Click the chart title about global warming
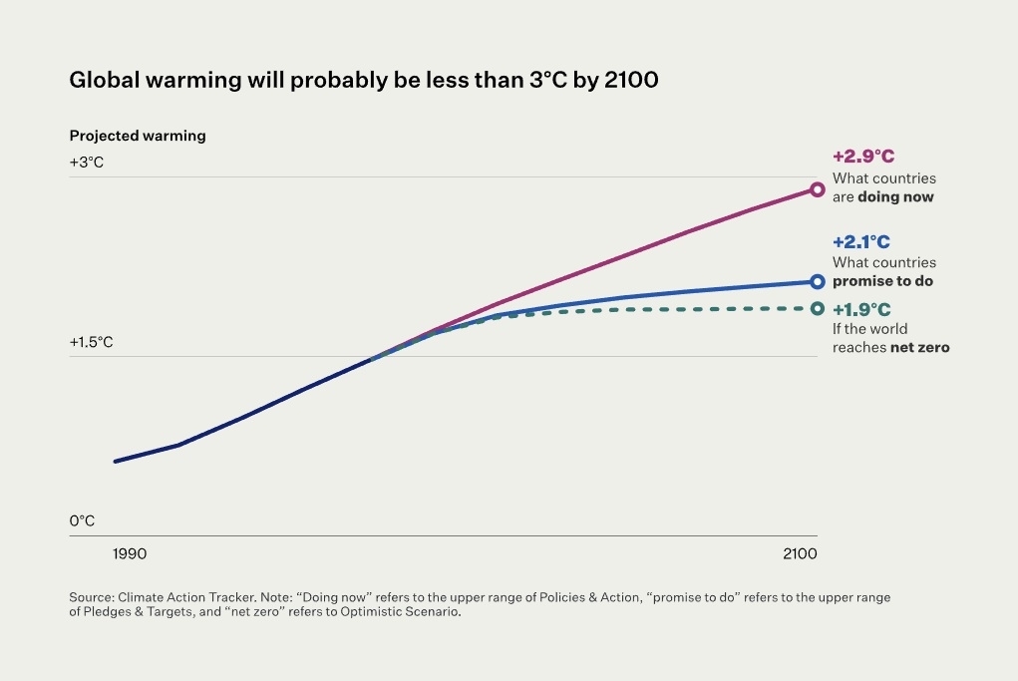coord(363,81)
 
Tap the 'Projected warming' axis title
coord(137,136)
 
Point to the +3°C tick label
coord(87,163)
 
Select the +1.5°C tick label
coord(91,342)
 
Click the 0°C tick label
coord(82,520)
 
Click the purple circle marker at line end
coord(817,188)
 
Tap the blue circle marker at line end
coord(818,282)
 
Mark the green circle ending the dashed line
coord(818,308)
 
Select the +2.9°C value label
coord(863,157)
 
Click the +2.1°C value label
coord(860,241)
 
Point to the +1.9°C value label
coord(861,309)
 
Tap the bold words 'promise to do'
coord(882,281)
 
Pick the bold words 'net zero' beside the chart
coord(919,348)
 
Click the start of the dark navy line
coord(116,461)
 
